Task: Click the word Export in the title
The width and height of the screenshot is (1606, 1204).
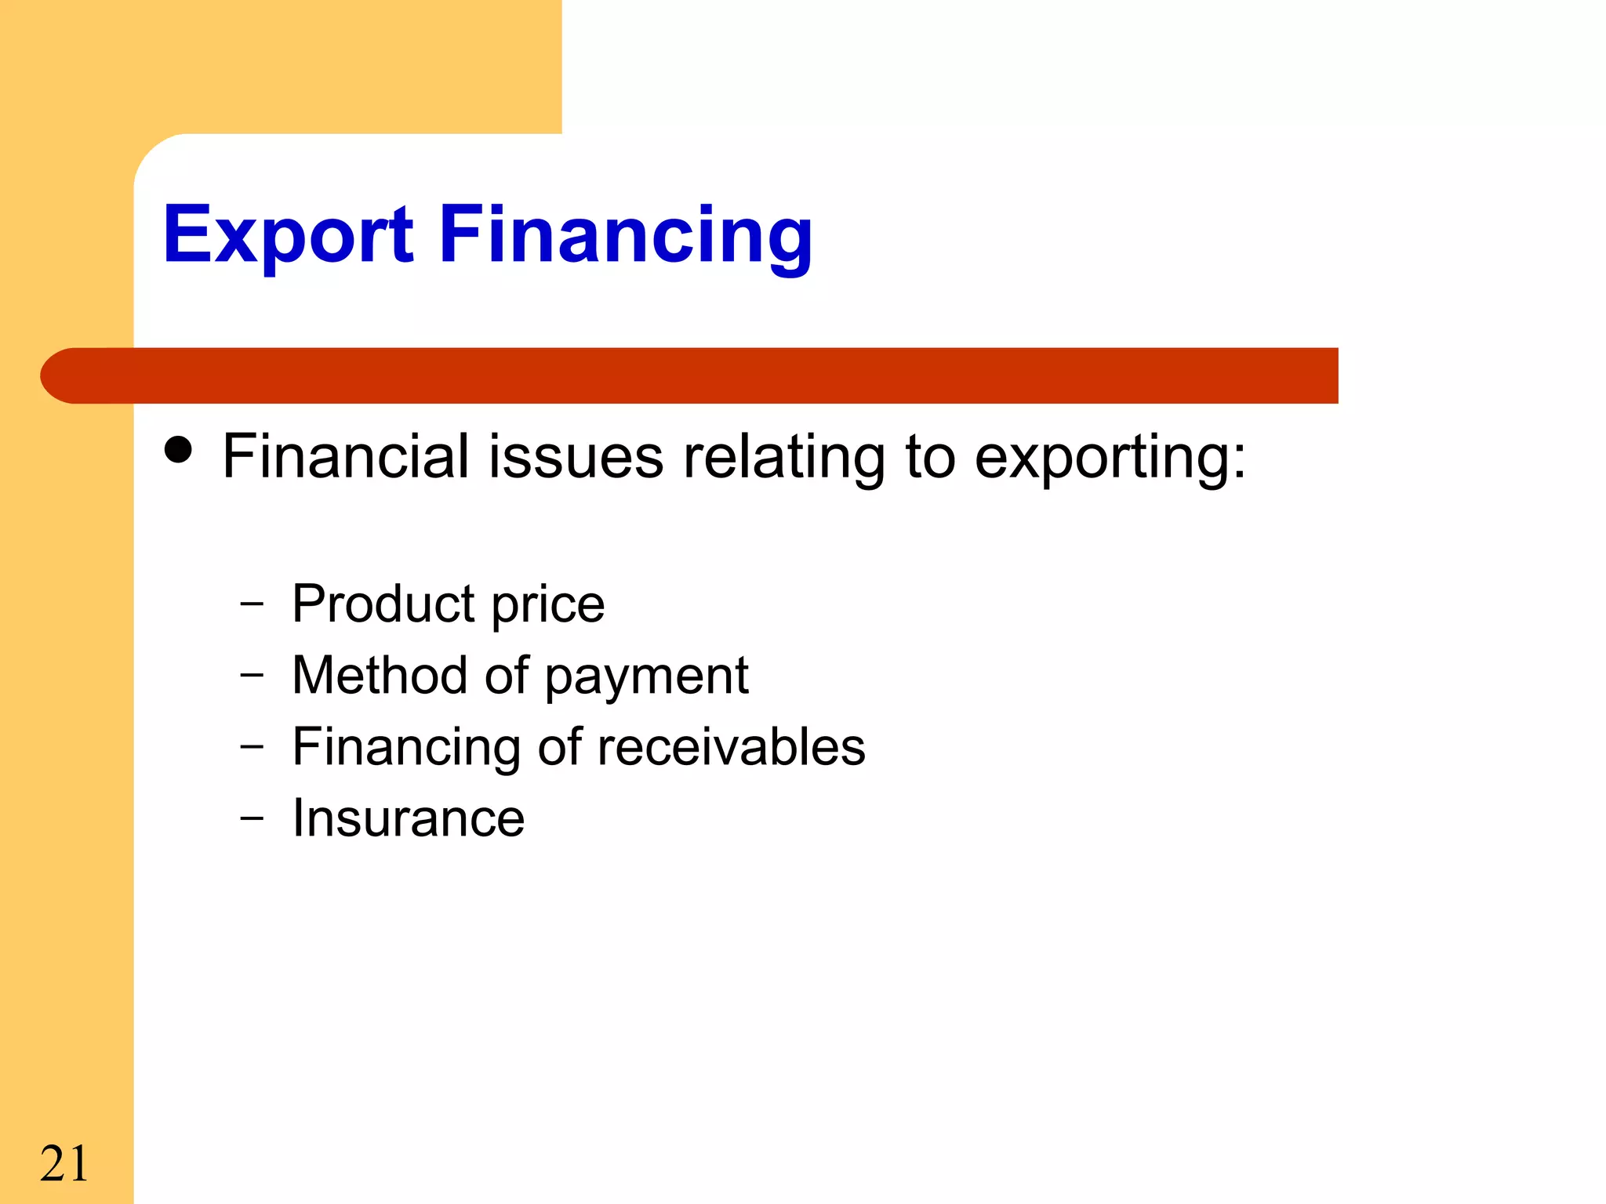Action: click(288, 234)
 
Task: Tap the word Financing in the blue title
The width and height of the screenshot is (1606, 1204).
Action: click(625, 236)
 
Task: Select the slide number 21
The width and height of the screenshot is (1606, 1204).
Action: click(64, 1163)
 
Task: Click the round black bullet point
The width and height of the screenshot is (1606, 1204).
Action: click(179, 450)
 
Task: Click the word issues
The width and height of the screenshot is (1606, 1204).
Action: click(576, 457)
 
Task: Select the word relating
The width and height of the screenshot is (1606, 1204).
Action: click(783, 457)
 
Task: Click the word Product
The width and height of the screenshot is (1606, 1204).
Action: click(383, 604)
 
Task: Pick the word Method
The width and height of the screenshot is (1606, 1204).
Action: click(379, 675)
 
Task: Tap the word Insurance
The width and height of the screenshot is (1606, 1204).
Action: click(408, 818)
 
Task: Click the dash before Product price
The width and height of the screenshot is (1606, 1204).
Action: click(252, 604)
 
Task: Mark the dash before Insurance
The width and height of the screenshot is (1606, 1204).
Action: click(252, 818)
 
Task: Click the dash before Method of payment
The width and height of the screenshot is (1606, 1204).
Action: click(252, 675)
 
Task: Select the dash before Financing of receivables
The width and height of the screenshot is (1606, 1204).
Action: click(252, 747)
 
